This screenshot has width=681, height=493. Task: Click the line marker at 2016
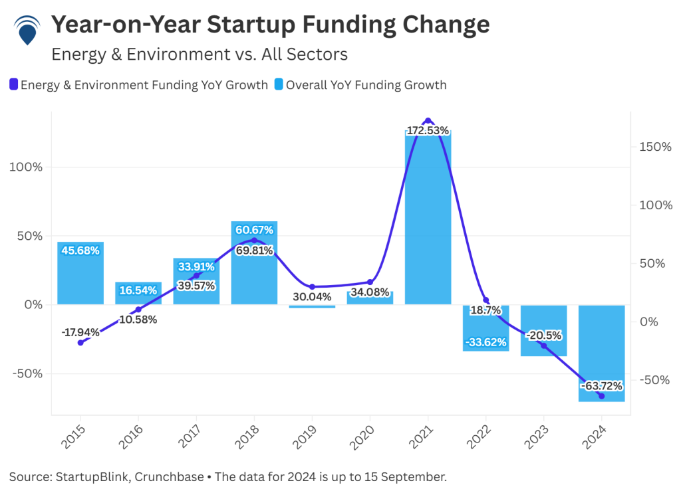click(138, 310)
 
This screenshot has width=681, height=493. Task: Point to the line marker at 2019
click(312, 287)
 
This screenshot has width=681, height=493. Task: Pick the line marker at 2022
click(486, 300)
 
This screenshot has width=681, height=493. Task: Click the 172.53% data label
click(428, 130)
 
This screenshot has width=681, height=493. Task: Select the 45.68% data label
click(80, 250)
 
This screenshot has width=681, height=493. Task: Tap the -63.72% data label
click(601, 385)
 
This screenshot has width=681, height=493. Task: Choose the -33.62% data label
click(485, 342)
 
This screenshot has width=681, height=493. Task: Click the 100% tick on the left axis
click(26, 167)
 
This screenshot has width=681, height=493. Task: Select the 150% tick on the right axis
click(654, 146)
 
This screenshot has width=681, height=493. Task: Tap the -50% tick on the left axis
click(26, 373)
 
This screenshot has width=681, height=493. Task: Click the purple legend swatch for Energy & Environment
click(13, 85)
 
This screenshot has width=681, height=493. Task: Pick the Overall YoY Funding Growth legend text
click(366, 85)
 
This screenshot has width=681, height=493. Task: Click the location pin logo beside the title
click(27, 29)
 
